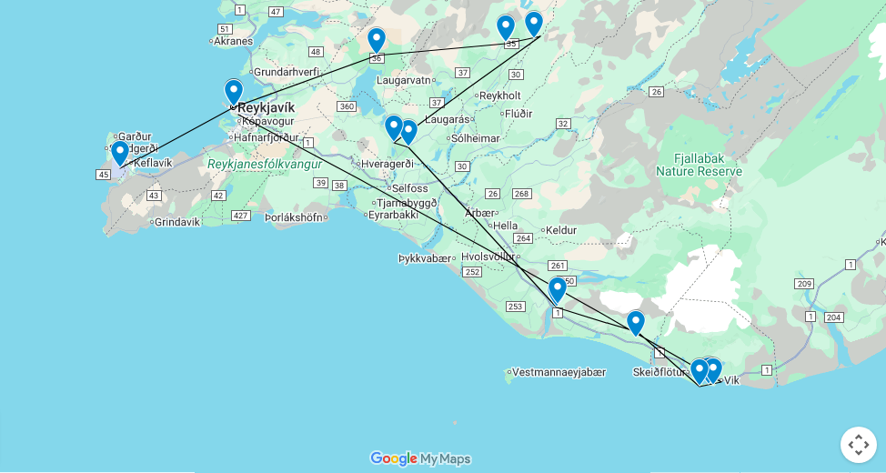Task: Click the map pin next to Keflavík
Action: click(x=119, y=153)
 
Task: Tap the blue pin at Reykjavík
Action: click(x=234, y=92)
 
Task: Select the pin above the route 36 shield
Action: click(x=376, y=40)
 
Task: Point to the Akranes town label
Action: click(x=233, y=41)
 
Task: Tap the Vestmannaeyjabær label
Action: click(x=559, y=372)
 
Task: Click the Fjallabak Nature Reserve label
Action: click(x=700, y=164)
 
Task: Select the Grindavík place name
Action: click(x=176, y=222)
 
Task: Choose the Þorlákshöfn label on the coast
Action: click(x=293, y=217)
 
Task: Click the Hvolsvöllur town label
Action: click(x=488, y=257)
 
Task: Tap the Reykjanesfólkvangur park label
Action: click(x=264, y=164)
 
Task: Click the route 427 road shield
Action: click(x=241, y=216)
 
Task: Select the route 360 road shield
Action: click(x=346, y=106)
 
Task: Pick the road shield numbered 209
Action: click(x=804, y=284)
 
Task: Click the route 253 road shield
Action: click(x=516, y=307)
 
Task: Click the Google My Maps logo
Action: click(x=420, y=458)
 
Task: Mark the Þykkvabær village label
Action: click(x=424, y=258)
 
